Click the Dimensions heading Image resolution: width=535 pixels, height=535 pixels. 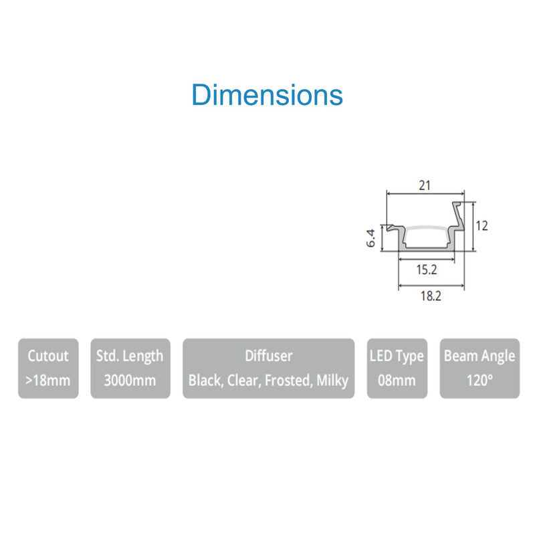point(267,95)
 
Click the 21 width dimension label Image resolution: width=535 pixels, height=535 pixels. point(425,185)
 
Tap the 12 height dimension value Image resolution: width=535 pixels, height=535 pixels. point(481,225)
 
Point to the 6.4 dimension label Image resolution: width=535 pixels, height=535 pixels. point(371,238)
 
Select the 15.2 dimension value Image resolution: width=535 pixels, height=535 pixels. point(426,270)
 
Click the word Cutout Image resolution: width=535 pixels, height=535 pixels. point(48,356)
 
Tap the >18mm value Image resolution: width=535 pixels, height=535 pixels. point(48,381)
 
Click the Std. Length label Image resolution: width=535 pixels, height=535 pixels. point(129,356)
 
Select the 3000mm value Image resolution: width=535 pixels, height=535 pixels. point(130,381)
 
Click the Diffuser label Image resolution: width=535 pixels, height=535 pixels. point(268,356)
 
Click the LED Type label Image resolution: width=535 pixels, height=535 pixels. point(397,356)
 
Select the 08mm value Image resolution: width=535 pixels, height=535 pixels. point(397,381)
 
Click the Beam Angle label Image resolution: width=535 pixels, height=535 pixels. point(479,356)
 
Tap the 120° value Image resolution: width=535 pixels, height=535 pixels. point(479,381)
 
